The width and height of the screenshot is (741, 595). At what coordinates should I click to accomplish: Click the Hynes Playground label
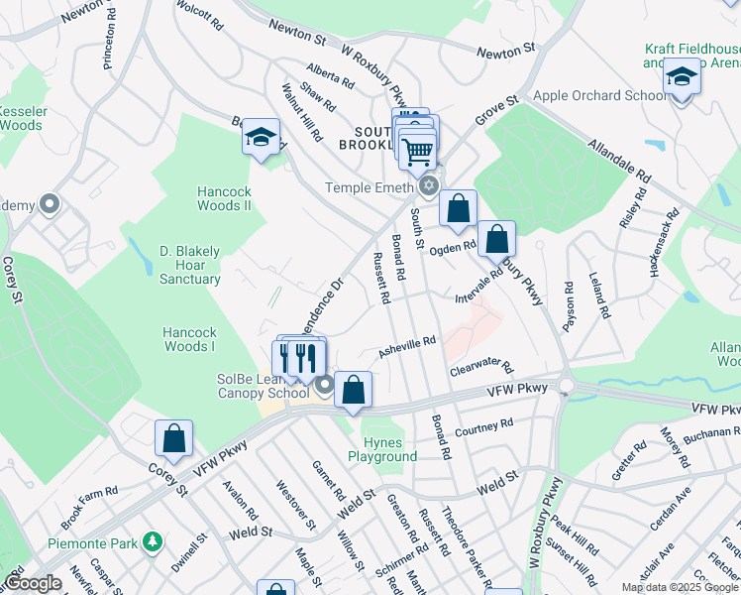point(382,449)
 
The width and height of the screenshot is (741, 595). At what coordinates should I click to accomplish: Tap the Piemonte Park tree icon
point(152,542)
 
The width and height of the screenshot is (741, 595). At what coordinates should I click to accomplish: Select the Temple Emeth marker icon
point(428,186)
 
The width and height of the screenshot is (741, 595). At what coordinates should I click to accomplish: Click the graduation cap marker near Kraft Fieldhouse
point(682,76)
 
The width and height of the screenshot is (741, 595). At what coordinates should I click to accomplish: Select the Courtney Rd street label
point(484,427)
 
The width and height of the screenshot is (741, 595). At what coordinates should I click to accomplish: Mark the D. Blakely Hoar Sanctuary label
point(190,265)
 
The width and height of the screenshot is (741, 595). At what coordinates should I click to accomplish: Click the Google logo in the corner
point(33,583)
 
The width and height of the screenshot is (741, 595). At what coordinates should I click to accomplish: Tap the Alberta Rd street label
point(330,76)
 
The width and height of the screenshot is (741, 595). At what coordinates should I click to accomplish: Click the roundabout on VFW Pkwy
point(567,386)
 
